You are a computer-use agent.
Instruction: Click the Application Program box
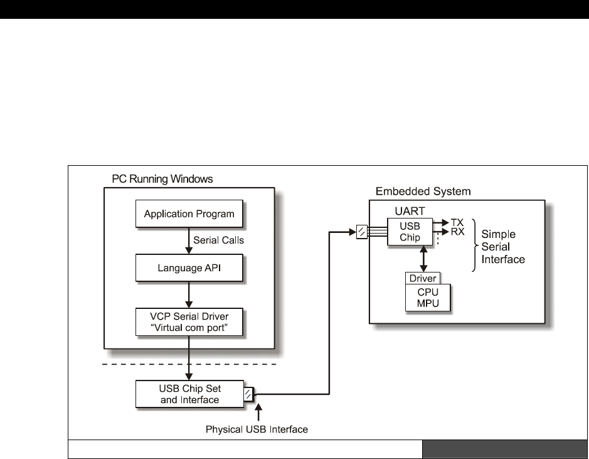click(x=189, y=214)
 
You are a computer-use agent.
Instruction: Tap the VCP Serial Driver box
click(x=189, y=320)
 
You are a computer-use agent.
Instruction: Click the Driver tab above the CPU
click(x=422, y=278)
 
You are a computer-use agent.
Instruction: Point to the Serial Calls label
click(x=219, y=240)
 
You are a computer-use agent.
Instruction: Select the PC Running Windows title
click(x=158, y=179)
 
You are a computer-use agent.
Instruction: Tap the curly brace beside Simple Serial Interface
click(x=475, y=246)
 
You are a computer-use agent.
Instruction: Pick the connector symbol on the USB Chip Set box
click(x=248, y=394)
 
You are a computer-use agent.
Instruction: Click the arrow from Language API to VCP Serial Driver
click(x=189, y=294)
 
